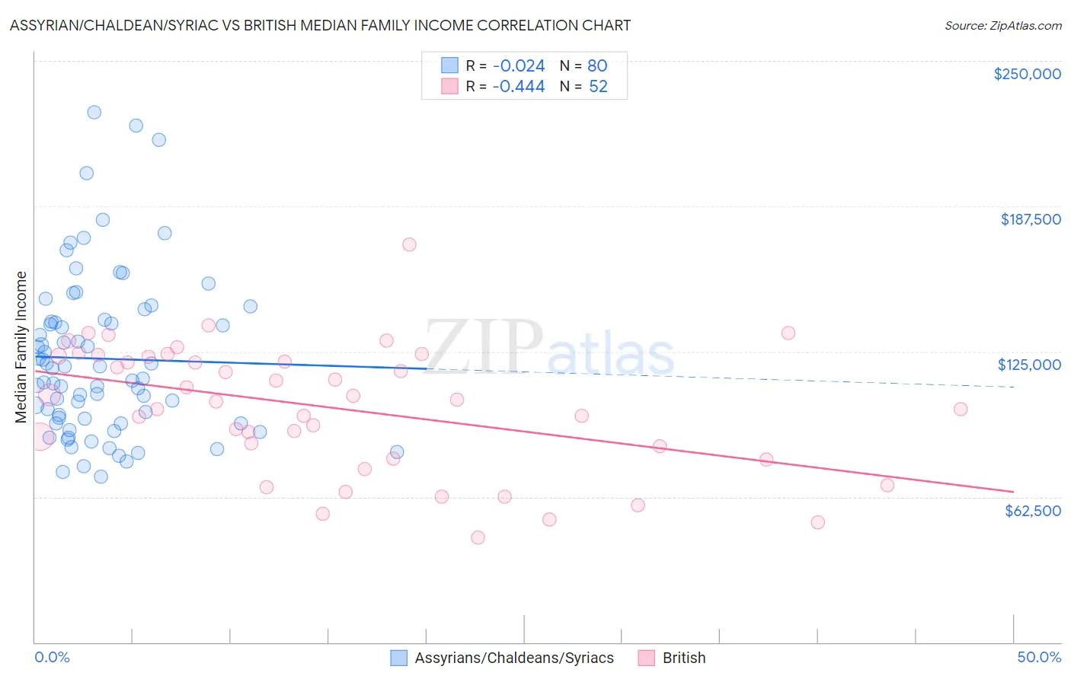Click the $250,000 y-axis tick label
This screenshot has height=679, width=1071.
(x=1027, y=74)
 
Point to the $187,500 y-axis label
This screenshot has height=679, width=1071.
(x=1031, y=219)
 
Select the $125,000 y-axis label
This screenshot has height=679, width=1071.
(x=1029, y=365)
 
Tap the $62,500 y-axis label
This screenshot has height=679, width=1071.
(x=1032, y=511)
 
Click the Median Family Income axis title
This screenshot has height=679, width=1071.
(x=21, y=347)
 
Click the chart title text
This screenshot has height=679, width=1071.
(x=320, y=25)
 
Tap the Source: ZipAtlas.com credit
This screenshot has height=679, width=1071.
(x=1002, y=26)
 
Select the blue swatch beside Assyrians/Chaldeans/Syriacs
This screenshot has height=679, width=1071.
(x=399, y=658)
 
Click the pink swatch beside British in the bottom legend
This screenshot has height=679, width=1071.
(x=647, y=658)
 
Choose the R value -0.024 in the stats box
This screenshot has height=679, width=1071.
(x=518, y=66)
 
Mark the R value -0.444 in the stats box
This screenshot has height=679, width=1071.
(x=518, y=87)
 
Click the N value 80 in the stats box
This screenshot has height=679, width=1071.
(x=597, y=66)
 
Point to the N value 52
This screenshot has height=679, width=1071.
(x=598, y=87)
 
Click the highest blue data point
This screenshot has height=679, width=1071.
(x=94, y=112)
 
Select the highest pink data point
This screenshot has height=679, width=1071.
(x=409, y=244)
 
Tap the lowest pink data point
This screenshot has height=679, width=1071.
(x=478, y=537)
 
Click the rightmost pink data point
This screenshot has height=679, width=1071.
(x=961, y=410)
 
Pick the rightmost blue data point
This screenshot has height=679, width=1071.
(x=397, y=452)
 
